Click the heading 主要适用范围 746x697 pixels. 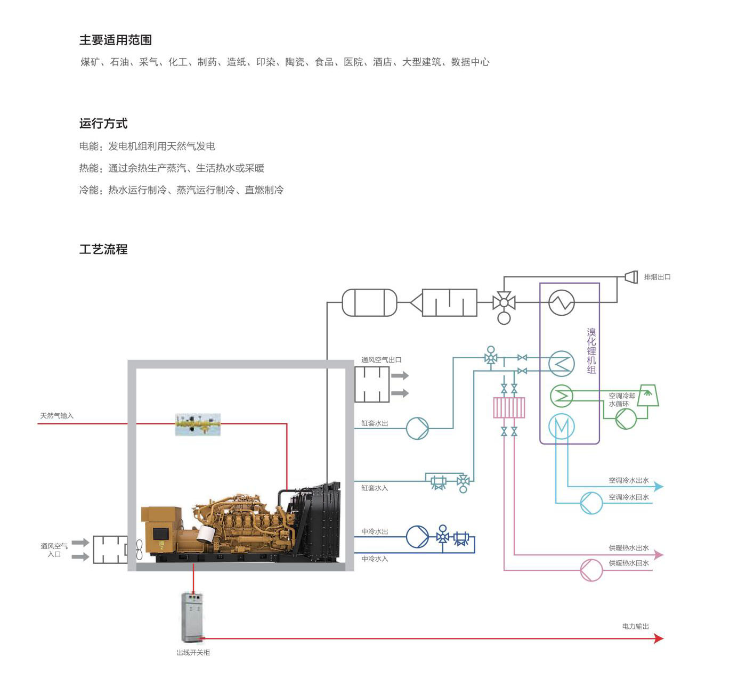pyautogui.click(x=115, y=40)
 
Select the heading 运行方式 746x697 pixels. pyautogui.click(x=103, y=124)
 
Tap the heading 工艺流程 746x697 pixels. pyautogui.click(x=103, y=249)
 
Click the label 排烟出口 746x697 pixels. pyautogui.click(x=657, y=277)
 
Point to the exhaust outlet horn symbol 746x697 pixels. pyautogui.click(x=631, y=277)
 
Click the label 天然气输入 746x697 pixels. pyautogui.click(x=56, y=416)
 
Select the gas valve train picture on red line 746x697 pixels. pyautogui.click(x=198, y=424)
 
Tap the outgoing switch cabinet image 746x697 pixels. pyautogui.click(x=192, y=617)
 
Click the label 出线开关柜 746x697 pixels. pyautogui.click(x=193, y=653)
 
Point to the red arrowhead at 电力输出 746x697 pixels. pyautogui.click(x=659, y=638)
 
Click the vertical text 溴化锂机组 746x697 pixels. pyautogui.click(x=591, y=351)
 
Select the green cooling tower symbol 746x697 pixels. pyautogui.click(x=648, y=395)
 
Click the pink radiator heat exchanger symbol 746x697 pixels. pyautogui.click(x=509, y=408)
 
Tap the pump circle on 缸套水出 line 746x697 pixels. pyautogui.click(x=417, y=428)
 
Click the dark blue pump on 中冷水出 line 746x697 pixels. pyautogui.click(x=417, y=537)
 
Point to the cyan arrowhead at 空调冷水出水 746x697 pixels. pyautogui.click(x=659, y=487)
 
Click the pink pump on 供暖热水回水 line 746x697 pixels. pyautogui.click(x=591, y=570)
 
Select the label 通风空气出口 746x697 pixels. pyautogui.click(x=382, y=360)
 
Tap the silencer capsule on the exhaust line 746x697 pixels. pyautogui.click(x=370, y=302)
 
